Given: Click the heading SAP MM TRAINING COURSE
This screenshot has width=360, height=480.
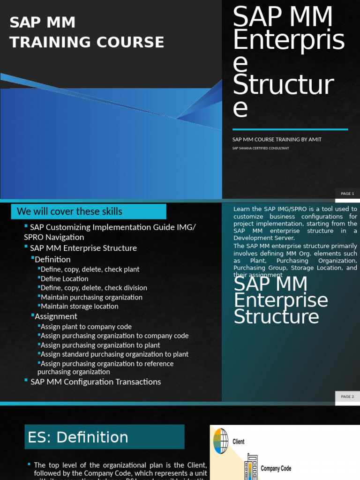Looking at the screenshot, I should coord(87,32).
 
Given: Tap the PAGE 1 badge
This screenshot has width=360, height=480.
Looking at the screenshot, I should coord(347,194).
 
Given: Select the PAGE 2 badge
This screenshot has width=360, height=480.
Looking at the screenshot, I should coord(347,397).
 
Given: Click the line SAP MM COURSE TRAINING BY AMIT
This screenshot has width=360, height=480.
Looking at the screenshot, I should coord(277,140).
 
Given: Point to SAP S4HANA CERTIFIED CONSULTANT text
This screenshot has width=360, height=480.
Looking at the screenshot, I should coord(261,148).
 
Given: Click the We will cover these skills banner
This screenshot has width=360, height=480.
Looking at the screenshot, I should coord(89,211).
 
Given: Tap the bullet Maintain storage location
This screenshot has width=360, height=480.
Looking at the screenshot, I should coord(79,306).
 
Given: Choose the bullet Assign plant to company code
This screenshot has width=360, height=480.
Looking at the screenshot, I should coord(86,327).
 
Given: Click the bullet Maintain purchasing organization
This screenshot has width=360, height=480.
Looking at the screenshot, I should coord(91,297).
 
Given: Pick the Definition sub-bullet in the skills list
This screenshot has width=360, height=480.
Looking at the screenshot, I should coord(52,259).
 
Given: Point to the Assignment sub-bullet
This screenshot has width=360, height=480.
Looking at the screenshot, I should coord(56,316).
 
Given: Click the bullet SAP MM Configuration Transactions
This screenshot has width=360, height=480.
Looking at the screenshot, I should coord(96,382).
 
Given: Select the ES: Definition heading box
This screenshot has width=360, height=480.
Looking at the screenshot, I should coord(105,437).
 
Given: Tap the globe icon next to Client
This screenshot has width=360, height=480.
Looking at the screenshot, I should coord(220,441).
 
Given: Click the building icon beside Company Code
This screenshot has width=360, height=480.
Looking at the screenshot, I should coord(252,467).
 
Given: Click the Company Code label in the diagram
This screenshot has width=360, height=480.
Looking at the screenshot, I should coord(276,468).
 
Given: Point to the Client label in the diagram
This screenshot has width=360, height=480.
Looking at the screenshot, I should coord(239,442).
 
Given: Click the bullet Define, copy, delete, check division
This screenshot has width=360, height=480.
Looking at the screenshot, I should coord(94,288).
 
